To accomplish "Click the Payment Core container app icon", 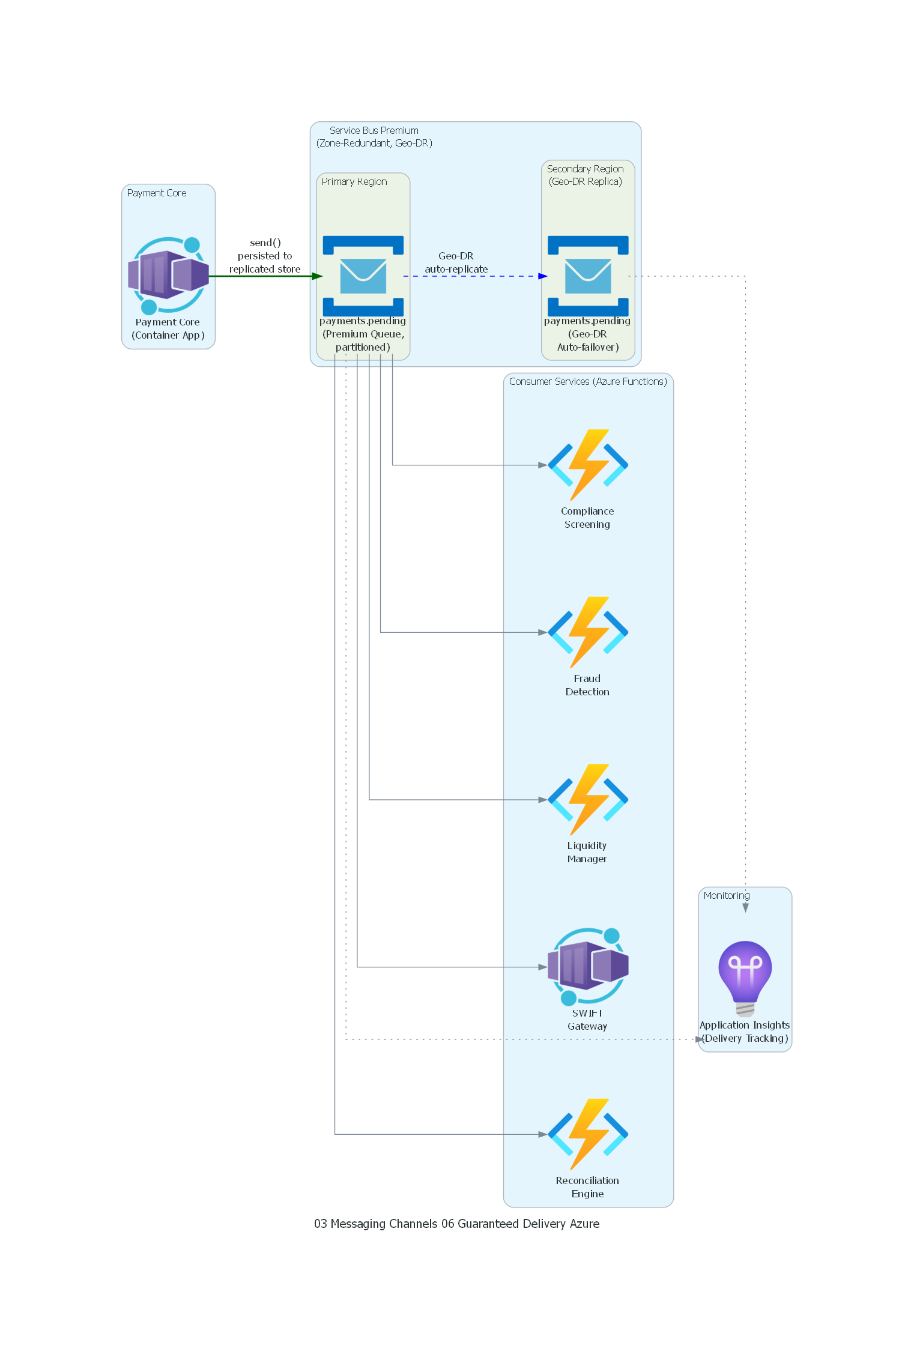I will click(x=168, y=276).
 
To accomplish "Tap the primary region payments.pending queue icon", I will click(x=363, y=276).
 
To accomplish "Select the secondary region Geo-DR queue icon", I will click(x=587, y=276).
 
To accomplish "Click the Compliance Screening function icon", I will click(x=587, y=465).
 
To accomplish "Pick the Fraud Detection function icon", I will click(x=587, y=632).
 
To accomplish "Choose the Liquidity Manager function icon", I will click(x=587, y=799).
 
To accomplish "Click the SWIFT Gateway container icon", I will click(x=587, y=966).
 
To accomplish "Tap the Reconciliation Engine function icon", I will click(x=587, y=1134).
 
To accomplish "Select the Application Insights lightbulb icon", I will click(x=745, y=976).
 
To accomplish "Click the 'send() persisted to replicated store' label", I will click(x=265, y=256).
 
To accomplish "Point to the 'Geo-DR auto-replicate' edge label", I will click(x=456, y=262).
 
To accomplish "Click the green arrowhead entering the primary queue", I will click(x=318, y=276).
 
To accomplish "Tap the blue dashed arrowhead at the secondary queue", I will click(x=542, y=276).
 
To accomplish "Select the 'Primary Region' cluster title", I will click(x=354, y=181).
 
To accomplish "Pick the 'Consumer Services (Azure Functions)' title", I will click(x=587, y=381).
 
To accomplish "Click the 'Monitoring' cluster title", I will click(x=726, y=895).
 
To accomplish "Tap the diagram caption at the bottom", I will click(x=456, y=1224).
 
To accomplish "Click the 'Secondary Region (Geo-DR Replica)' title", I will click(x=585, y=175).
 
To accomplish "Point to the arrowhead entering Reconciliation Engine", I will click(x=542, y=1134).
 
